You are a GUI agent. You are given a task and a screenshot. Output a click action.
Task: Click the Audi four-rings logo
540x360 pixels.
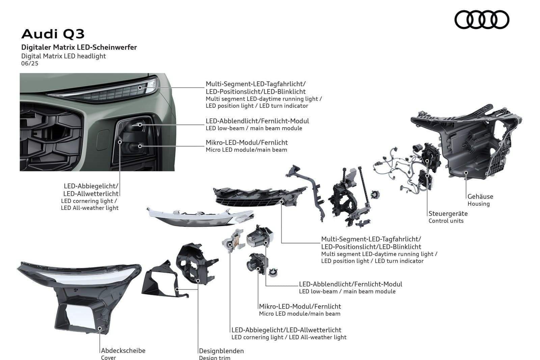482,20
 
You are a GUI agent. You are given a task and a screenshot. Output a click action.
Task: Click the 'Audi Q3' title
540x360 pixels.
53,34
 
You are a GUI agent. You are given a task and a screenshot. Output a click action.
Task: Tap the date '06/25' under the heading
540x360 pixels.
30,63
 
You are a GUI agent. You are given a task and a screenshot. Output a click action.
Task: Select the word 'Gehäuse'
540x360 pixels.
480,196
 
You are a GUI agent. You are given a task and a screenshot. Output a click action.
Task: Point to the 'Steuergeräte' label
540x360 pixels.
448,214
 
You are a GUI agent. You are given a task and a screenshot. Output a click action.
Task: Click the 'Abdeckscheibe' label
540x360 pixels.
123,351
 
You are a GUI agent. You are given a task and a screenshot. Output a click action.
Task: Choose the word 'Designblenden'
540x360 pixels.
221,351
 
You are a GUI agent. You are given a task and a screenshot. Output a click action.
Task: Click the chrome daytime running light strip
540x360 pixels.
200,217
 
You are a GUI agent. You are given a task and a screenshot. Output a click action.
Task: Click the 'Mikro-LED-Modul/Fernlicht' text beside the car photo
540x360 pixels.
247,142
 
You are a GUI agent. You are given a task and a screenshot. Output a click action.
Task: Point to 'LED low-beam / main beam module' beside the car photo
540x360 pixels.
254,128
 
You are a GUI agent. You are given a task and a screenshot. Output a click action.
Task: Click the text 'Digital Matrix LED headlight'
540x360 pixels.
63,56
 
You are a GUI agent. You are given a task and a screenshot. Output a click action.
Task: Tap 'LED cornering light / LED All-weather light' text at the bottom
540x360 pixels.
289,337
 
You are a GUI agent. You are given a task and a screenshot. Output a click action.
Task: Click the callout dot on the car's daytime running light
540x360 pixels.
140,87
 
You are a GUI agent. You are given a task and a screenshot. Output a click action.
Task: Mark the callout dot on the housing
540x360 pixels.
466,173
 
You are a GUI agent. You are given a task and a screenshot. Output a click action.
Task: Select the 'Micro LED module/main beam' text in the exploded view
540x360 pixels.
300,314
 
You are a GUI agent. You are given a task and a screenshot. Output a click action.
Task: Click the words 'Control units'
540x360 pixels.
446,221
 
